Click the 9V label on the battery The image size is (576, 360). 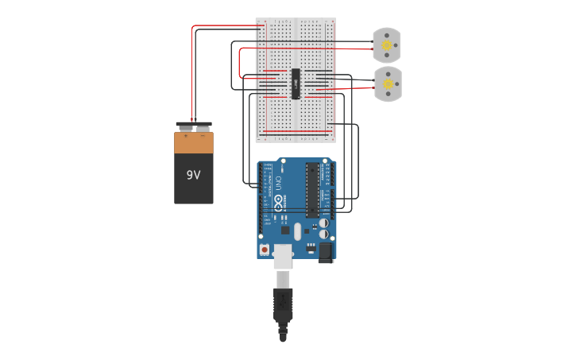coord(193,175)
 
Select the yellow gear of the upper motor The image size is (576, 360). coord(387,46)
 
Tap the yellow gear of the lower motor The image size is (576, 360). coord(388,83)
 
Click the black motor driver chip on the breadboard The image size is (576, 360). coord(296,83)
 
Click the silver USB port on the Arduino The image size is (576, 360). coord(283,255)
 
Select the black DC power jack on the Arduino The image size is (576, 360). coord(326,253)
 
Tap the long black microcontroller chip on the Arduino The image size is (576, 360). coord(312,191)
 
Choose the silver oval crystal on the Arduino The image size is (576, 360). coord(298,230)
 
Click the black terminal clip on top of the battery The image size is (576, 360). coord(194,126)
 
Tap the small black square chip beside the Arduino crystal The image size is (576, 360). coord(284,230)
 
